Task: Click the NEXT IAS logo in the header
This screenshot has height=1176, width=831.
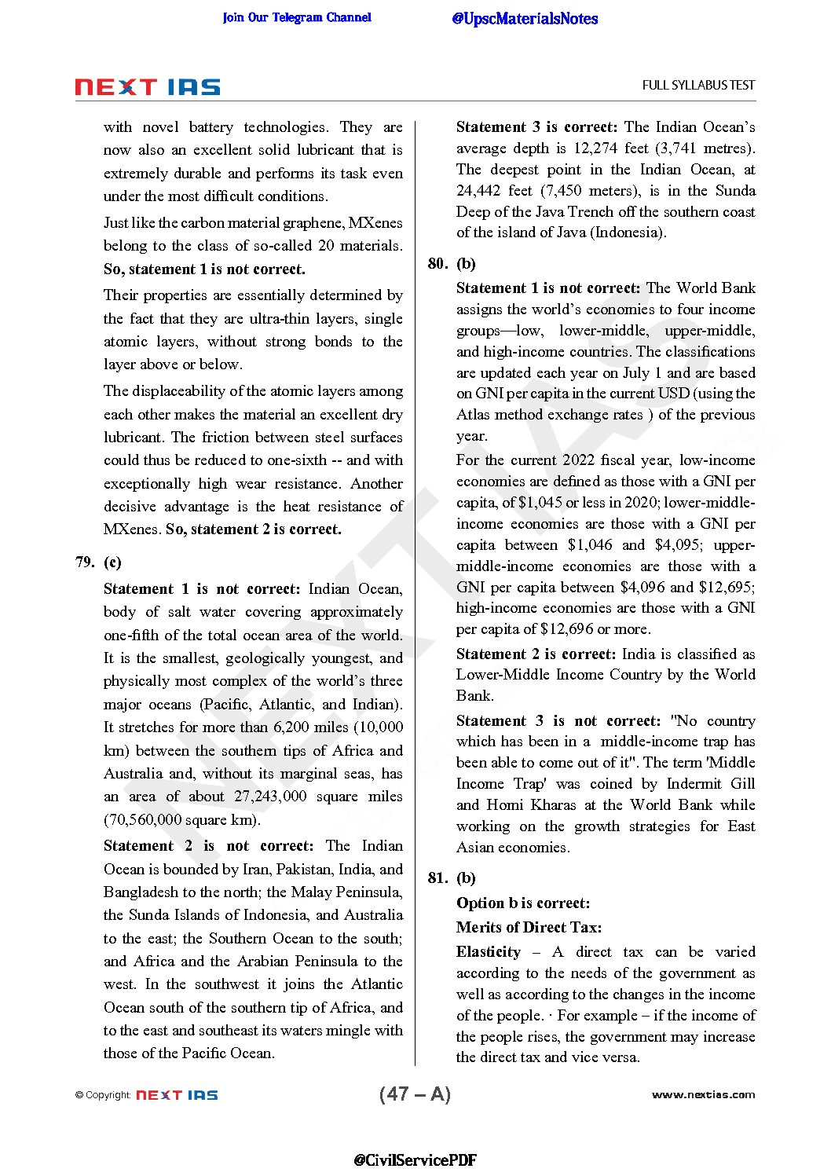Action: coord(148,87)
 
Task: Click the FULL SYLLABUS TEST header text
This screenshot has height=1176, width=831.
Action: coord(698,85)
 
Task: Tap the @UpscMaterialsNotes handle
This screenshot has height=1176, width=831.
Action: coord(525,19)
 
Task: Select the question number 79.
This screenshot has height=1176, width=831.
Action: coord(85,562)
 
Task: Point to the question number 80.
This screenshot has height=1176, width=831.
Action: coord(437,263)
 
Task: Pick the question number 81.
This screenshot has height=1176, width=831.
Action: coord(437,877)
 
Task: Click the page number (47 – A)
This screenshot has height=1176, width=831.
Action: coord(415,1094)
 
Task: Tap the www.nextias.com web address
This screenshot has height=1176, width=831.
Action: coord(703,1094)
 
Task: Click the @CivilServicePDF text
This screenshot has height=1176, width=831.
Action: coord(415,1160)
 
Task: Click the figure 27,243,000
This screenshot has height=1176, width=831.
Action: coord(270,796)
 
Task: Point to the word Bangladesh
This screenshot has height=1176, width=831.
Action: coord(141,892)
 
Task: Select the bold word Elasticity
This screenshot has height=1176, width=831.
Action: coord(488,951)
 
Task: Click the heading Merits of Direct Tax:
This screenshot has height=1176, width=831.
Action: coord(529,927)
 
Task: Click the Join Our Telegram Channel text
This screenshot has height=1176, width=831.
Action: coord(297,17)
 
